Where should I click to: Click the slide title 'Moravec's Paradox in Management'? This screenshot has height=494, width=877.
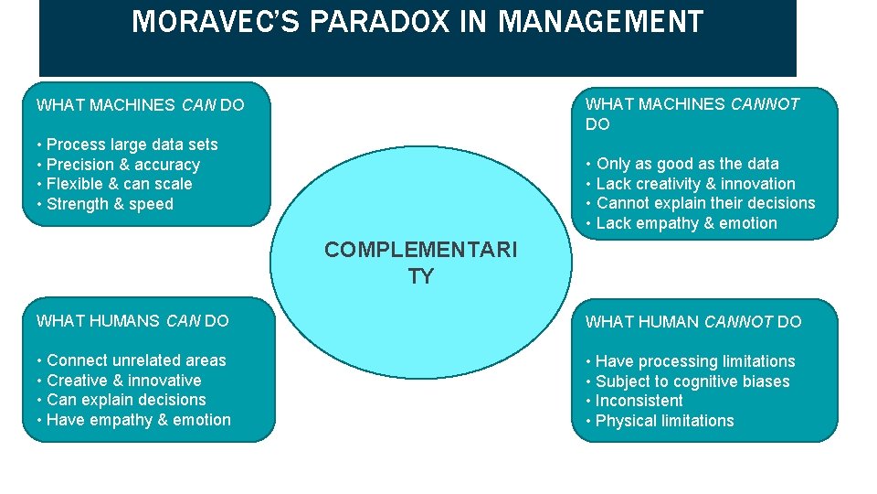pyautogui.click(x=417, y=21)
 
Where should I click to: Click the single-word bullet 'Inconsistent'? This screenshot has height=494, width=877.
pyautogui.click(x=639, y=401)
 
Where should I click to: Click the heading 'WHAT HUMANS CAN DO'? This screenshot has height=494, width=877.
pyautogui.click(x=132, y=321)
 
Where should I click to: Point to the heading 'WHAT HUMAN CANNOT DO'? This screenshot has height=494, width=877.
pyautogui.click(x=693, y=322)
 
